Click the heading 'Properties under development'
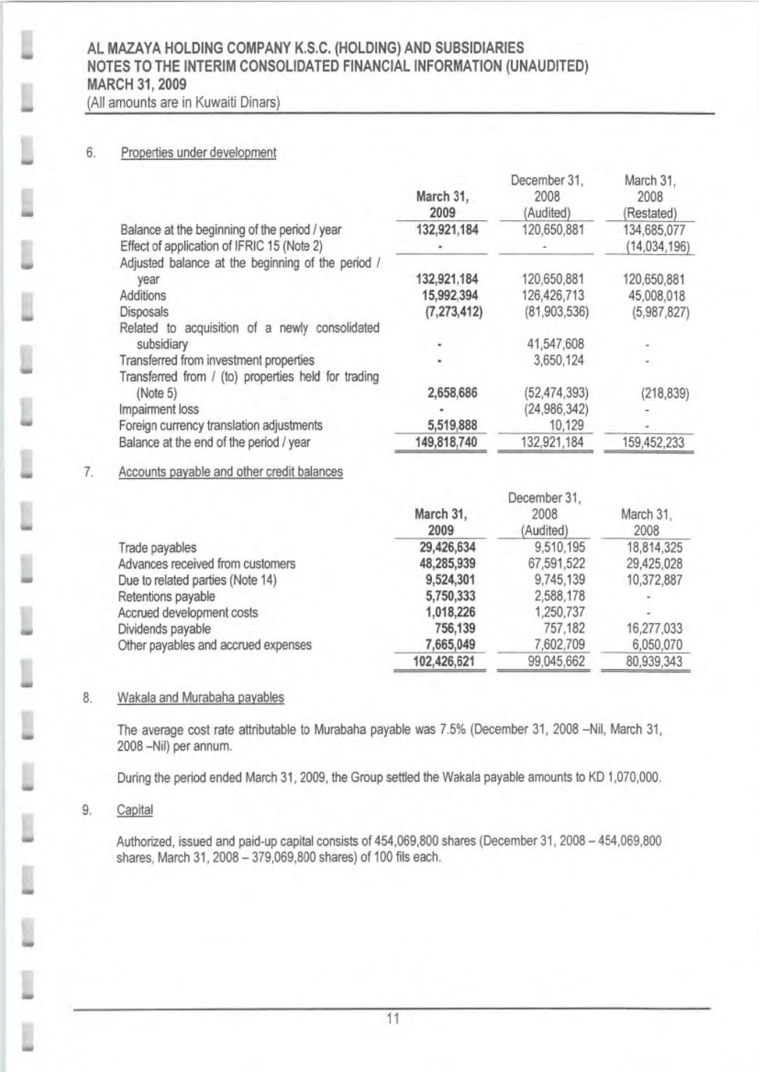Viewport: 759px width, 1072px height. (198, 153)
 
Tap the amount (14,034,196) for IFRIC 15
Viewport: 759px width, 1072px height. (648, 246)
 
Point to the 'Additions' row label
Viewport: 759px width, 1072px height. (143, 296)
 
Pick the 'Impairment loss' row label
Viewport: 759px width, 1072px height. (159, 410)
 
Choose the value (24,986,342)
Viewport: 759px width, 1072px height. (554, 410)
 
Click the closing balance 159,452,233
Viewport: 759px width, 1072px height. (648, 442)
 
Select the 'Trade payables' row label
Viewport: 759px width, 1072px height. (157, 548)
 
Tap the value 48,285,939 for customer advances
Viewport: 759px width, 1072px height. (444, 564)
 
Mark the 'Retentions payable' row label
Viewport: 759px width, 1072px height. (167, 597)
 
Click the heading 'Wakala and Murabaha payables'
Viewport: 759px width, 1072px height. (201, 698)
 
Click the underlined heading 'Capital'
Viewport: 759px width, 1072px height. (135, 810)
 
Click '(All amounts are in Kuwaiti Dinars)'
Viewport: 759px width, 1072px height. (184, 103)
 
